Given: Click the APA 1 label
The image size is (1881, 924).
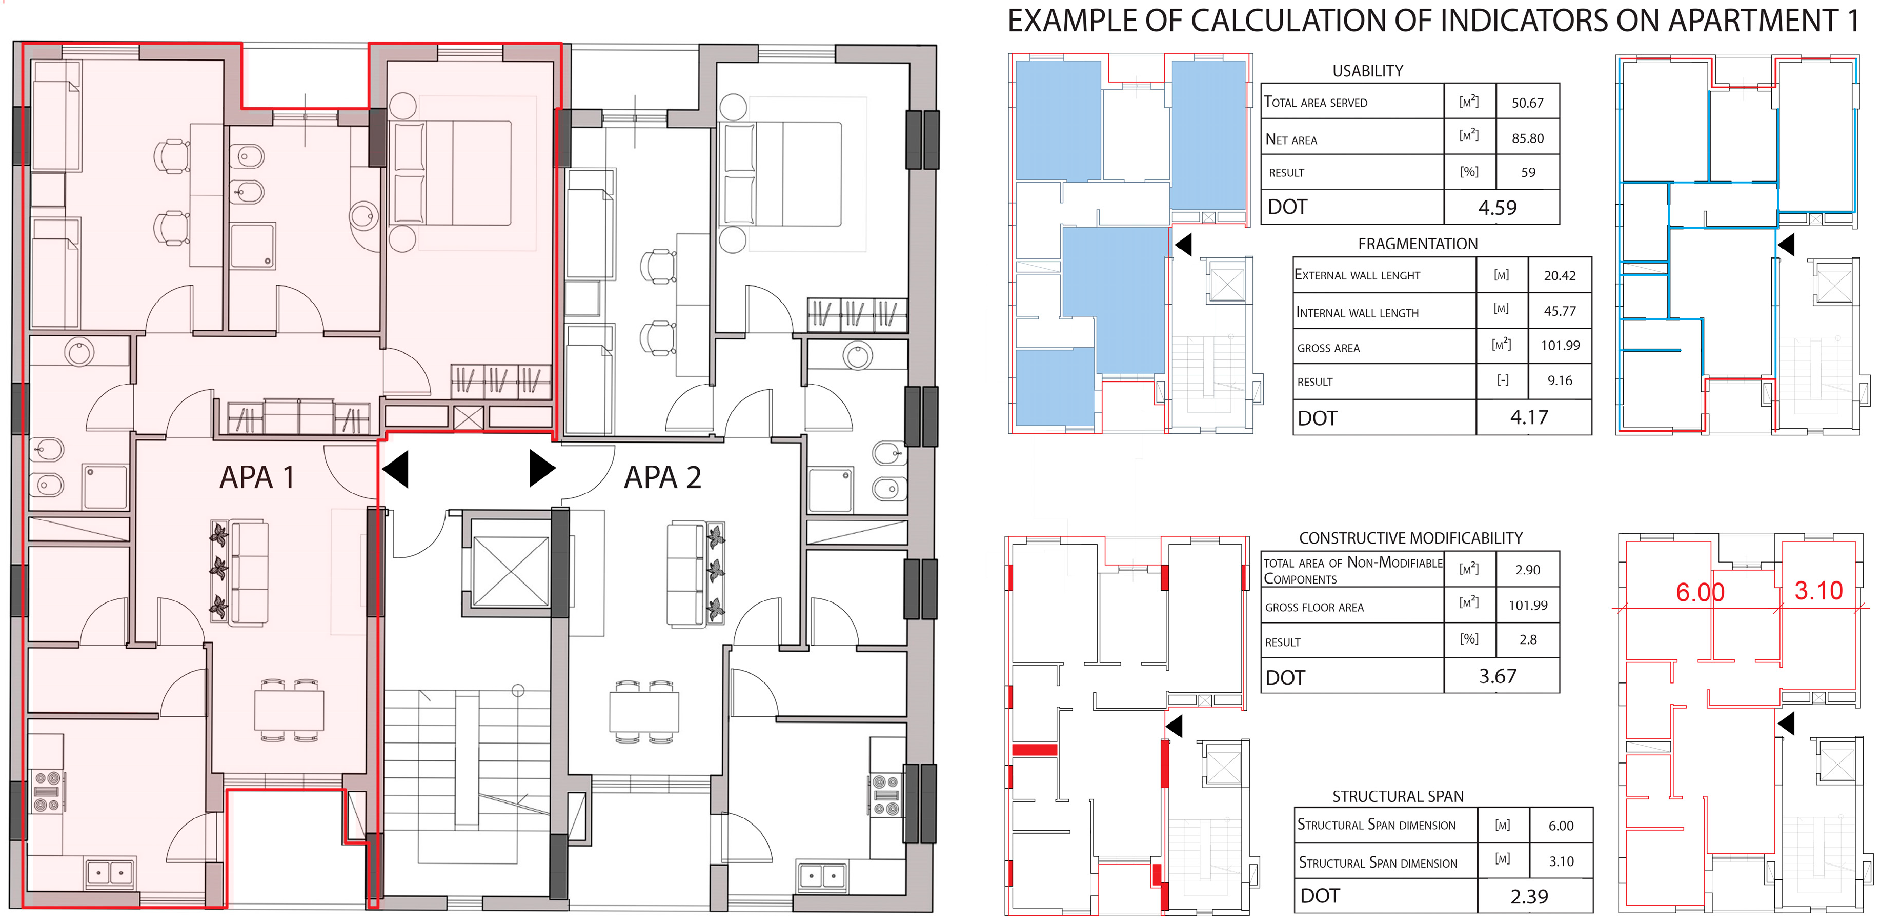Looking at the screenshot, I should (x=257, y=478).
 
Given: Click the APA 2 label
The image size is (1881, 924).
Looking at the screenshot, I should (x=662, y=478).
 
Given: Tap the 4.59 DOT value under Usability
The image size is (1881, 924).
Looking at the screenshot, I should (x=1497, y=208).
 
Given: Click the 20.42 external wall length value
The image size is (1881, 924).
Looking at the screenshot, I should (x=1559, y=275).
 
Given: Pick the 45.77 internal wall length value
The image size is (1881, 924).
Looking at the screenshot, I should (x=1559, y=311).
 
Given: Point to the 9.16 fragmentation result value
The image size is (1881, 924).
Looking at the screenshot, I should (x=1559, y=380).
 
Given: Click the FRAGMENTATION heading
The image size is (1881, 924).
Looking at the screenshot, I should (x=1418, y=244).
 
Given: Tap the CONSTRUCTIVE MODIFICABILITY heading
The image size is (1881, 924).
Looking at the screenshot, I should (x=1410, y=538).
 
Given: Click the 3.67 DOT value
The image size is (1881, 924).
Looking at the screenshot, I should (x=1497, y=676).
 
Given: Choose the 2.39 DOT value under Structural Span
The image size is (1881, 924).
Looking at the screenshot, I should (x=1528, y=896).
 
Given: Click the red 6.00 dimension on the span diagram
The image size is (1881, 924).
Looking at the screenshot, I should (x=1699, y=592).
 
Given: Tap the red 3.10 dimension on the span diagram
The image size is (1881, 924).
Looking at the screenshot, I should (x=1818, y=590).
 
